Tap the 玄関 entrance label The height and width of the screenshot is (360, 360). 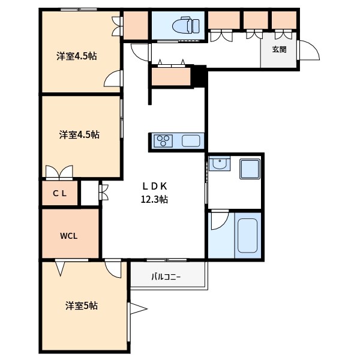click(278, 49)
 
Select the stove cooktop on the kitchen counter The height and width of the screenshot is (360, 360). click(163, 141)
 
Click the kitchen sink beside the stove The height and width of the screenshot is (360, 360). click(191, 141)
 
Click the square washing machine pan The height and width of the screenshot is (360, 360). click(249, 169)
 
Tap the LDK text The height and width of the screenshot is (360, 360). click(154, 185)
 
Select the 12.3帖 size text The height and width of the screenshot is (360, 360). click(154, 199)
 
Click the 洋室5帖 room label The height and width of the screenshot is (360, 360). click(82, 305)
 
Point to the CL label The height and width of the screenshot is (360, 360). click(59, 193)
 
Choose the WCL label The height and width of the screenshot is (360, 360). click(68, 235)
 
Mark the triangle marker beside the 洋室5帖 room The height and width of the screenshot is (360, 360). click(139, 310)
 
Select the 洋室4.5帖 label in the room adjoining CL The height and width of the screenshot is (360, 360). click(79, 134)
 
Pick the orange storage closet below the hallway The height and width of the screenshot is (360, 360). click(170, 77)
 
